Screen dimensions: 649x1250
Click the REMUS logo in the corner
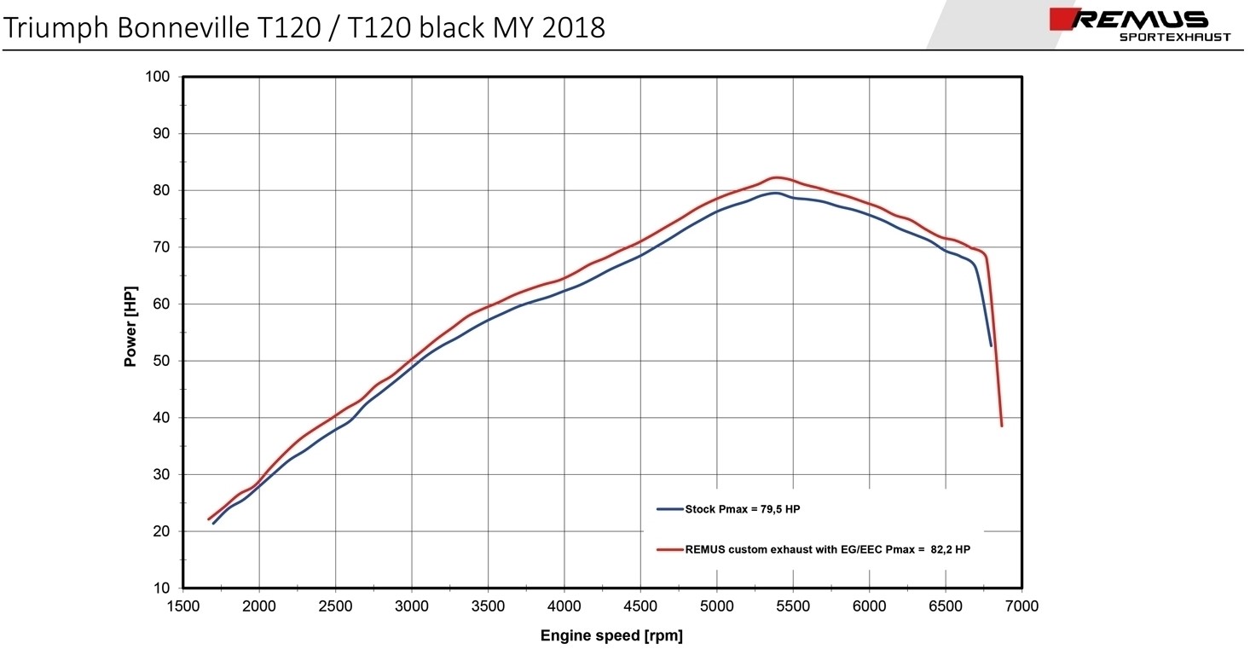click(x=1139, y=20)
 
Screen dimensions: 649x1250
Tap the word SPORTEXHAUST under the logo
click(x=1174, y=38)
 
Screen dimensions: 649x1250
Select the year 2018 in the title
click(x=574, y=28)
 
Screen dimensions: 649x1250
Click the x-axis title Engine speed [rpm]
click(x=611, y=635)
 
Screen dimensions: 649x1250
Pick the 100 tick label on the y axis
click(x=159, y=77)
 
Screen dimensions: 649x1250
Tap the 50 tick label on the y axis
click(x=162, y=361)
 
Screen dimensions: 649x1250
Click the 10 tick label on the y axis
click(x=162, y=588)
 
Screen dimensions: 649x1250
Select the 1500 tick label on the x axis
click(x=182, y=606)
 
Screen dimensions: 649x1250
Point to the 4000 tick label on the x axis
click(x=564, y=606)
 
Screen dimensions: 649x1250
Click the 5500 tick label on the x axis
click(x=793, y=606)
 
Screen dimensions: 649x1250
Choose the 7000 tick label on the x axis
click(x=1021, y=606)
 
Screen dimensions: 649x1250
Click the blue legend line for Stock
click(x=670, y=509)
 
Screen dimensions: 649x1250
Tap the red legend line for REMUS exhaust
click(x=670, y=550)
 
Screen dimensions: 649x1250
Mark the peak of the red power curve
click(x=776, y=177)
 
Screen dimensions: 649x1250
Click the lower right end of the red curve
click(x=1002, y=425)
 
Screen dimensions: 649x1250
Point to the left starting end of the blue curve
click(x=213, y=523)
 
